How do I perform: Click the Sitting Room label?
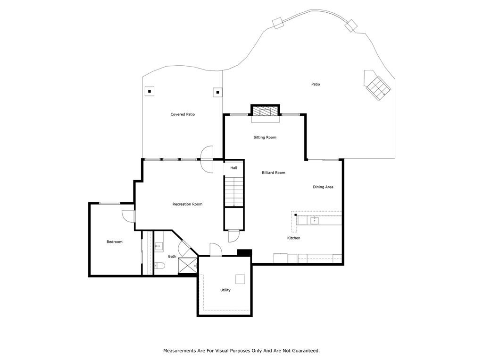point(265,138)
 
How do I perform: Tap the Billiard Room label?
point(274,173)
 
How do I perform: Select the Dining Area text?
point(323,187)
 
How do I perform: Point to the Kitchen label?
point(294,238)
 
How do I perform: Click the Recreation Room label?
point(187,204)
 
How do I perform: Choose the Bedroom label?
point(114,242)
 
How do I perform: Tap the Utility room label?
point(225,290)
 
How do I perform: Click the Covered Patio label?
point(183,114)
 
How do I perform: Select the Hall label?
point(233,168)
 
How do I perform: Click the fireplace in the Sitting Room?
point(265,112)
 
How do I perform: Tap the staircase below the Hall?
point(233,191)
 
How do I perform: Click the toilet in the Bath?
point(159,267)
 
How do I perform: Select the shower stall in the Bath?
point(187,266)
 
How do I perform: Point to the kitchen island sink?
point(314,220)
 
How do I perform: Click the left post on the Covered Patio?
point(150,91)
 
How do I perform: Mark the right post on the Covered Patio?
point(217,92)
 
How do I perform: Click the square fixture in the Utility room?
point(241,279)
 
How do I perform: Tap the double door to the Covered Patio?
point(207,160)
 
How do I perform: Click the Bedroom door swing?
point(128,216)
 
